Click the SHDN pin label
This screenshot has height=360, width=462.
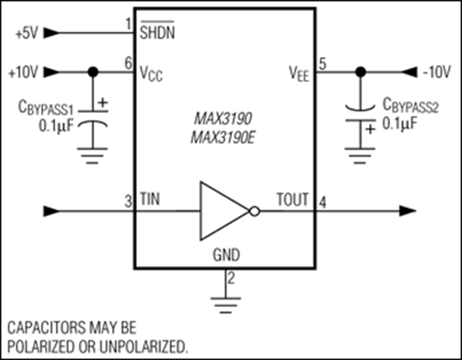tap(157, 30)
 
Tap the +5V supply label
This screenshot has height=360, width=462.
tap(27, 33)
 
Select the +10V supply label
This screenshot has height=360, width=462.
tap(24, 72)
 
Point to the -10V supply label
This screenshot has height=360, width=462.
tap(437, 72)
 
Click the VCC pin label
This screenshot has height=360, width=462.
tap(151, 73)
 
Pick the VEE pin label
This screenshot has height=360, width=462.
tap(299, 73)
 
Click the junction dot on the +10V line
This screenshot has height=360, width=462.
tap(93, 72)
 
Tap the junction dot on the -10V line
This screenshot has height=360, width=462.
tap(360, 72)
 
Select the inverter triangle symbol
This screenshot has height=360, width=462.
tap(225, 211)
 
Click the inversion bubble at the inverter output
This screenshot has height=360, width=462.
tap(254, 212)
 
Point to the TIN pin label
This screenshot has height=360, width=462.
tap(150, 199)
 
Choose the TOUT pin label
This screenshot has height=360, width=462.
tap(293, 199)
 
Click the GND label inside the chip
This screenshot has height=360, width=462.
tap(226, 255)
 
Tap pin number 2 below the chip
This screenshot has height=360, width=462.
tap(231, 278)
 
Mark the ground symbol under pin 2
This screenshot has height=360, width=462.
tap(226, 305)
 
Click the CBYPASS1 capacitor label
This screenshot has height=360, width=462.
tap(45, 107)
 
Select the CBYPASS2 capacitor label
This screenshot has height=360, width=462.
tap(410, 105)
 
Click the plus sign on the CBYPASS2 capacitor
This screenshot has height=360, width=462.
tap(370, 130)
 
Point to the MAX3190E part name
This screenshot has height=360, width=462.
tap(223, 138)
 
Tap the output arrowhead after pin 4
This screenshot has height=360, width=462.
tap(407, 211)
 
